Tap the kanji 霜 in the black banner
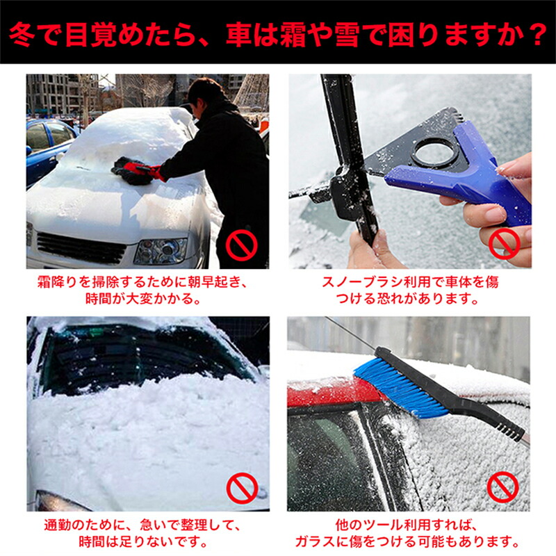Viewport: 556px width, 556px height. (x=291, y=35)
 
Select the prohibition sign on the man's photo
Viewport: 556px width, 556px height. (x=241, y=245)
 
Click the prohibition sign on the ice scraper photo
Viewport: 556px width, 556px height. (x=505, y=244)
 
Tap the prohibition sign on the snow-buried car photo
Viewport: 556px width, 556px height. (x=242, y=488)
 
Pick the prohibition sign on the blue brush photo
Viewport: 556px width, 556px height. (x=502, y=487)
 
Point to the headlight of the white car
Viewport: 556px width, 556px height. (x=161, y=251)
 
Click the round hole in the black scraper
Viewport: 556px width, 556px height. (x=434, y=152)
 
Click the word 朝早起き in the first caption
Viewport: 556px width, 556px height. (x=212, y=283)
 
